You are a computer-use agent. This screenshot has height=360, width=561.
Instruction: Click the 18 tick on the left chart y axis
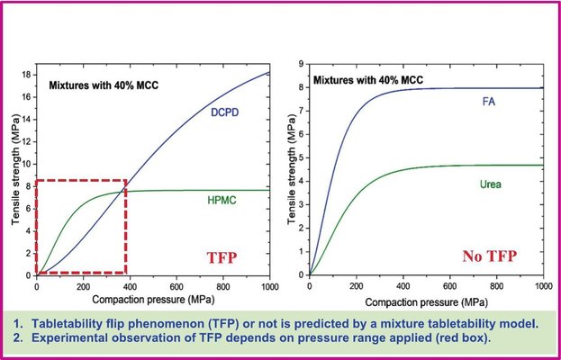tap(27, 75)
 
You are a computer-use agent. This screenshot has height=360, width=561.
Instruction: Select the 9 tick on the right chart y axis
tap(303, 65)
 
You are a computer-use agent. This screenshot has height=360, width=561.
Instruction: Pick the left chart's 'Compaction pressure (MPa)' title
tap(152, 299)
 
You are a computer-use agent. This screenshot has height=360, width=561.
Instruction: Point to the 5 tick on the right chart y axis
tap(303, 159)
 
